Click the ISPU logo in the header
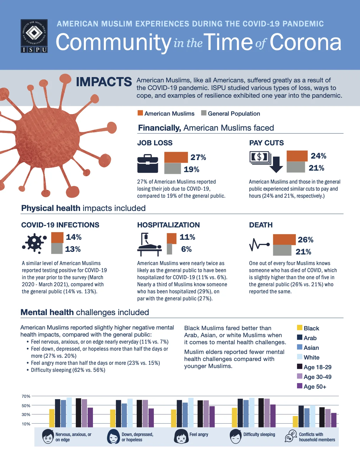pyautogui.click(x=34, y=36)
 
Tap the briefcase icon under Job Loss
pyautogui.click(x=148, y=164)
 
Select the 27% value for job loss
pyautogui.click(x=198, y=157)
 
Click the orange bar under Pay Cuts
pyautogui.click(x=297, y=156)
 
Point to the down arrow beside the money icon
pyautogui.click(x=276, y=164)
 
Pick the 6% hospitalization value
pyautogui.click(x=186, y=249)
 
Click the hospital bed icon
pyautogui.click(x=149, y=244)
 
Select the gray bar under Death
pyautogui.click(x=282, y=250)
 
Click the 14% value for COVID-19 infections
pyautogui.click(x=74, y=237)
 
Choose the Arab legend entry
pyautogui.click(x=306, y=338)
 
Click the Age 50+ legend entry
pyautogui.click(x=311, y=387)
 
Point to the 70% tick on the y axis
pyautogui.click(x=26, y=396)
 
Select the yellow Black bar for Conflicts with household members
pyautogui.click(x=295, y=422)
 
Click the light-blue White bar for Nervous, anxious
pyautogui.click(x=69, y=412)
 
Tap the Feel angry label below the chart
pyautogui.click(x=199, y=434)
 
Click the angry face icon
pyautogui.click(x=181, y=436)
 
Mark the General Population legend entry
pyautogui.click(x=231, y=114)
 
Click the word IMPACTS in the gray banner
pyautogui.click(x=104, y=82)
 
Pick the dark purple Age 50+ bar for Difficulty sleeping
pyautogui.click(x=273, y=416)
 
